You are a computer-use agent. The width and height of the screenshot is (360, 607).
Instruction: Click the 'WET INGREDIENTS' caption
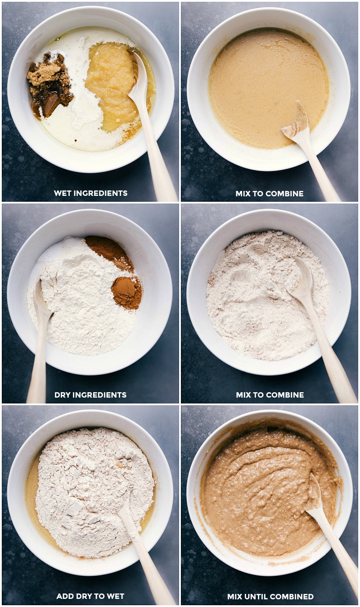(x=90, y=193)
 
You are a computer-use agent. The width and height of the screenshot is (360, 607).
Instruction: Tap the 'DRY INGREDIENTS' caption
(x=90, y=395)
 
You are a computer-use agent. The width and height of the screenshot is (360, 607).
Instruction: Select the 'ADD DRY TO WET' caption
(x=90, y=596)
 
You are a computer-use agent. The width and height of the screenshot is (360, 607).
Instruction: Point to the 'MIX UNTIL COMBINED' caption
(x=270, y=597)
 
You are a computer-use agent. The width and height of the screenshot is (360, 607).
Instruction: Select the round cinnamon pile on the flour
(x=126, y=292)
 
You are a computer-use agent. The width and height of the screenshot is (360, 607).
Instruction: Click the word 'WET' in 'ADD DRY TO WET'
(x=115, y=596)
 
